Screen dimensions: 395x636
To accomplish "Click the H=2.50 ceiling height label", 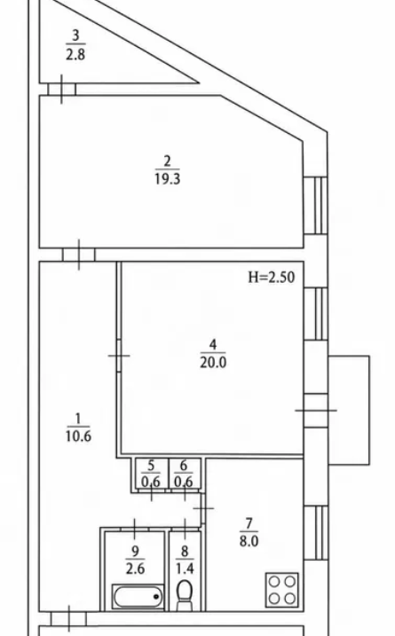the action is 272,277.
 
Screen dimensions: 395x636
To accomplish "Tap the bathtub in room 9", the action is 138,596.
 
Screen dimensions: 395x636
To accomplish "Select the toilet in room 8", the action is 185,595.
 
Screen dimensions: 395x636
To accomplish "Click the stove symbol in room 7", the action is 281,590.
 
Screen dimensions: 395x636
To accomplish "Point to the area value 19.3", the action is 167,178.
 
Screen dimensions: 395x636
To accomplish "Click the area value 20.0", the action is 213,362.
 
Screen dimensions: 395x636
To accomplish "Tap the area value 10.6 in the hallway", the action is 78,436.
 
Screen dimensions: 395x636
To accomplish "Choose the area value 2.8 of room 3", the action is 75,54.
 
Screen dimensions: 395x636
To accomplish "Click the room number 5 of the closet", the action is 151,465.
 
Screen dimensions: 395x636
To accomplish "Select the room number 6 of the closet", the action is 184,465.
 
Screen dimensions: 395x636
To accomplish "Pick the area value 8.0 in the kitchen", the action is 249,541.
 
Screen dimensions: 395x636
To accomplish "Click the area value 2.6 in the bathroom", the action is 135,569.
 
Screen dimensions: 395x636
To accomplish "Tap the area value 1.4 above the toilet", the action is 185,569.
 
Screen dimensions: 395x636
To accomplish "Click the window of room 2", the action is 315,205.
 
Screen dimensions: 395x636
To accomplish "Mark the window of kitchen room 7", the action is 315,532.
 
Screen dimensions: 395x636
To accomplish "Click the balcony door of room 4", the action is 316,410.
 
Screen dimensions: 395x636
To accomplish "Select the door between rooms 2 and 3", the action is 62,90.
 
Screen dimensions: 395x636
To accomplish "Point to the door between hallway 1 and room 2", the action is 79,255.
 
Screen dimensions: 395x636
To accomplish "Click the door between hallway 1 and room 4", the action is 119,356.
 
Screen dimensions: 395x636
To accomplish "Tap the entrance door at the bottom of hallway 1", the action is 68,619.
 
